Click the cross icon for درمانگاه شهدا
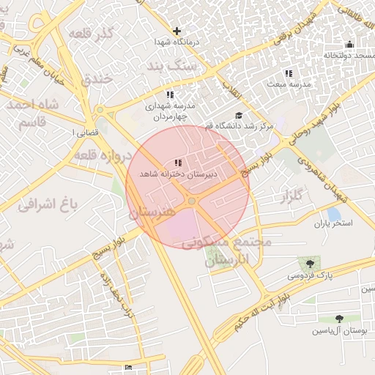tap(177, 31)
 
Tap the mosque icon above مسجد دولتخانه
tap(349, 44)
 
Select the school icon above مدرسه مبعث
tap(289, 73)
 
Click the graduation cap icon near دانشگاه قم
tap(239, 115)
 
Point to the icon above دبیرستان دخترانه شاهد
tap(178, 163)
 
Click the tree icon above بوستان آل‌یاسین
tap(338, 319)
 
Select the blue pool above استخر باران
tap(334, 214)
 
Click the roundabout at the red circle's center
tap(191, 201)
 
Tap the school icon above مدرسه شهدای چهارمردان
tap(170, 94)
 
